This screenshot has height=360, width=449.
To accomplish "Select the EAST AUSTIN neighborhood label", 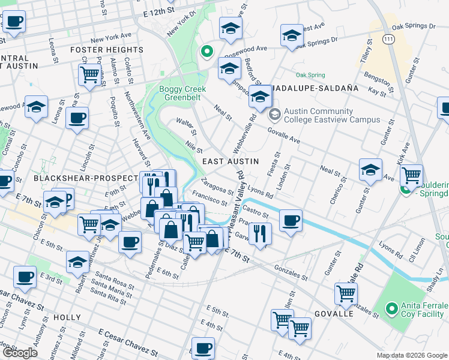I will [231, 161].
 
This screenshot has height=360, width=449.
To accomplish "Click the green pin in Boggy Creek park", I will [206, 52].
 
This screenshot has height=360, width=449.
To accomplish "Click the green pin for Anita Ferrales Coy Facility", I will [391, 309].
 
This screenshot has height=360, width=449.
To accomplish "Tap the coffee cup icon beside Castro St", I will [291, 220].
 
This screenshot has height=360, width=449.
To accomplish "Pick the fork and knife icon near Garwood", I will [259, 233].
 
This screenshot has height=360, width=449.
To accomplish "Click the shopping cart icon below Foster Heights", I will [89, 75].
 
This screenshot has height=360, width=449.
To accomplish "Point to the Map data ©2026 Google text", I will [412, 355].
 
